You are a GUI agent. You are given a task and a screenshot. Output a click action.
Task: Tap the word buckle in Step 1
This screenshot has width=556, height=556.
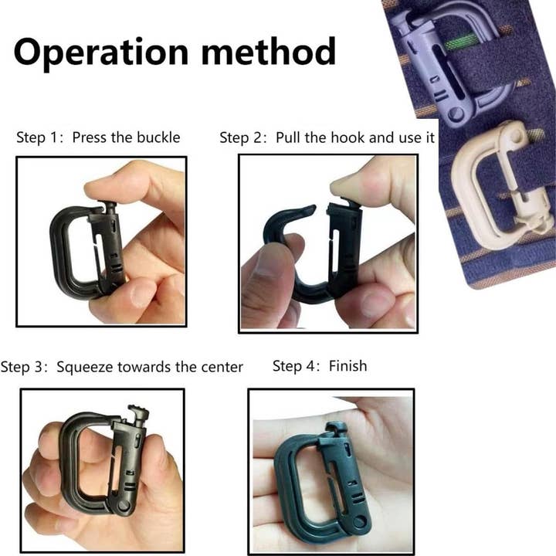[158, 138]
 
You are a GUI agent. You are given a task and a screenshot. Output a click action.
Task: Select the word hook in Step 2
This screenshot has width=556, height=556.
[347, 138]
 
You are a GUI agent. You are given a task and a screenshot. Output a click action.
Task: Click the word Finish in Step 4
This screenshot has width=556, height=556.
[347, 365]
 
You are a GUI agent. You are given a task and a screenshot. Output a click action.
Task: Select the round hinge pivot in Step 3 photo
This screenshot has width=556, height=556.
[123, 506]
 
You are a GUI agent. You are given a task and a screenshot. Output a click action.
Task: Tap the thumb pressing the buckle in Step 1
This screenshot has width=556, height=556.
[127, 185]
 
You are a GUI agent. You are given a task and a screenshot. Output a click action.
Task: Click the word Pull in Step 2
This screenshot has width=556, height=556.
[288, 138]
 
